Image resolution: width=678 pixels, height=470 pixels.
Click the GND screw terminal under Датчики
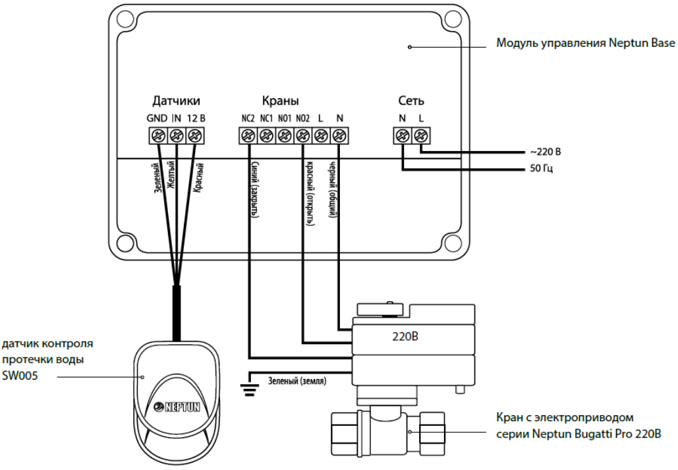[158, 136]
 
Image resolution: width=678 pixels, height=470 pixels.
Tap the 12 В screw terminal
[195, 136]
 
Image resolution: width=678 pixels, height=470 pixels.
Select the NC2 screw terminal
[248, 136]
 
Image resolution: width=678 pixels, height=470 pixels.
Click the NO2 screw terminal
[302, 136]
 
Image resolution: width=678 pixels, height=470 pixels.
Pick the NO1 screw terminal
[285, 136]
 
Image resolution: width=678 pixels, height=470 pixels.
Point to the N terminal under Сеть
[402, 136]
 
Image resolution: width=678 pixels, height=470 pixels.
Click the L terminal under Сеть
[420, 136]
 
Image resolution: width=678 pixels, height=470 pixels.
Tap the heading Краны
[280, 101]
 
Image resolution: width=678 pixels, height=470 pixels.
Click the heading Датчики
[176, 102]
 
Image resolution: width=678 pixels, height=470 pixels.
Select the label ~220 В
[546, 152]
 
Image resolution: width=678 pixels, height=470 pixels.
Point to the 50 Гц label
[542, 168]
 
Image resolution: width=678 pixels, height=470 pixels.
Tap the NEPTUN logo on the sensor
[177, 406]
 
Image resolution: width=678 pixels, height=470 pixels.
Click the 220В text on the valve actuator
[405, 336]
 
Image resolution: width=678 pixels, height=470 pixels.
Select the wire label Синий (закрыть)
[255, 189]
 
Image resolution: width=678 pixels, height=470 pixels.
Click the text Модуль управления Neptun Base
[586, 43]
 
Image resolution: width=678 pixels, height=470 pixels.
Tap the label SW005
[20, 375]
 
